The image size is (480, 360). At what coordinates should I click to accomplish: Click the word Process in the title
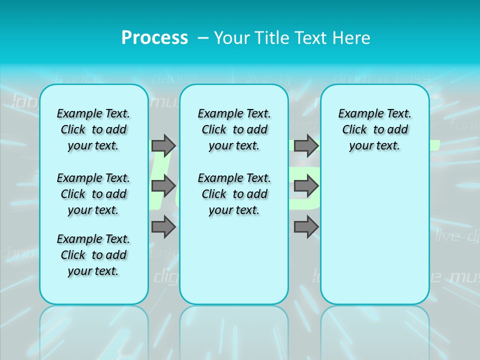click(x=154, y=37)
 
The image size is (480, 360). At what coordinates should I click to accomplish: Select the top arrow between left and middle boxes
click(x=163, y=145)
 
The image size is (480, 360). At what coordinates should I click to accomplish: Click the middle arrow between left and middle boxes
click(x=163, y=186)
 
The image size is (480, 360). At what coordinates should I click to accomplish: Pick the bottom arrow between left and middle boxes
click(x=163, y=227)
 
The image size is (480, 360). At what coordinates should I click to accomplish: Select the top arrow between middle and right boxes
click(x=306, y=145)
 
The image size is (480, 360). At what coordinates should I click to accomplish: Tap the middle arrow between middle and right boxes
click(x=306, y=186)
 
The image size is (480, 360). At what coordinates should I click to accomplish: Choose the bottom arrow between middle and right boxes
click(x=306, y=227)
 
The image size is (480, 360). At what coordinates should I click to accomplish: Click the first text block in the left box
click(x=93, y=129)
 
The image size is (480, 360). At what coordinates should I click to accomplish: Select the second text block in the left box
click(x=93, y=194)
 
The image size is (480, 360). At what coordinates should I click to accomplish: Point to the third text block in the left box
click(x=93, y=255)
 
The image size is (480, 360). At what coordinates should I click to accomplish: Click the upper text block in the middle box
click(x=234, y=129)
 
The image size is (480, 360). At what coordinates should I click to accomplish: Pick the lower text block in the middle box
click(x=234, y=194)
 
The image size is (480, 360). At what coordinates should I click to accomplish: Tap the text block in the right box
click(x=374, y=129)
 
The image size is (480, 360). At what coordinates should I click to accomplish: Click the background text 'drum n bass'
click(x=381, y=78)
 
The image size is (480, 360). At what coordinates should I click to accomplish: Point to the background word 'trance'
click(x=78, y=78)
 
